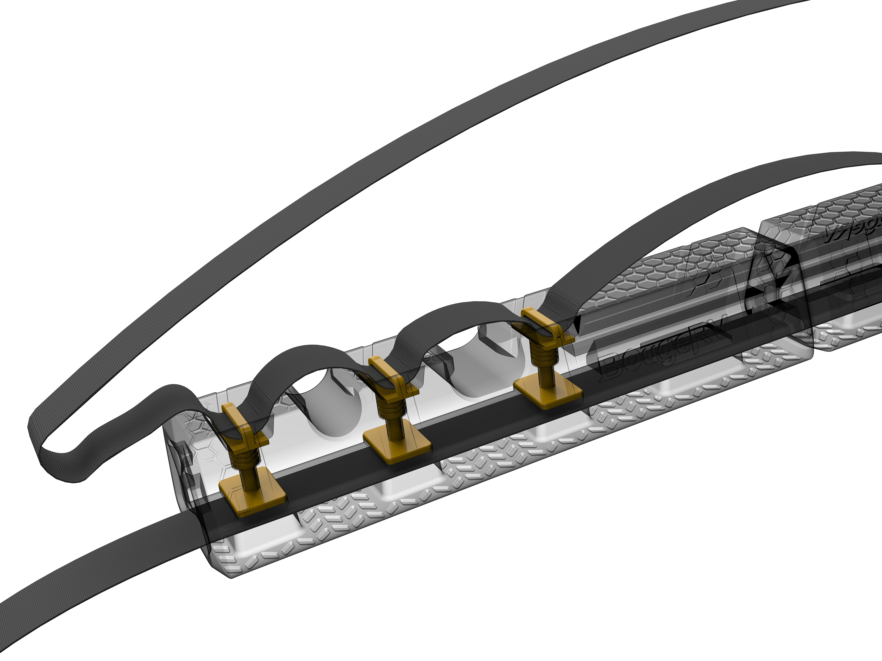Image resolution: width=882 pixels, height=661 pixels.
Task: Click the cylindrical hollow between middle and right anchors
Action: click(x=478, y=358)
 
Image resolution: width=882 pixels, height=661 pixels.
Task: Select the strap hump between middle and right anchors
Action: click(x=447, y=315)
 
